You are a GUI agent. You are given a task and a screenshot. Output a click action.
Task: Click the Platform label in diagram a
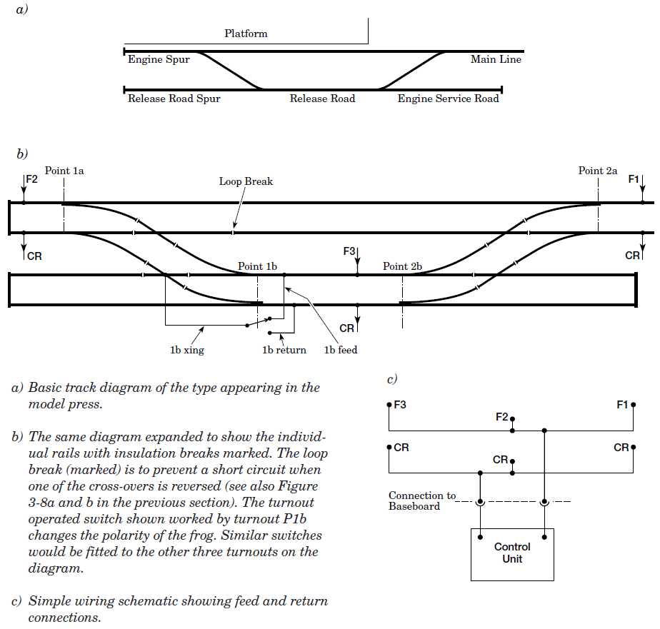pyautogui.click(x=246, y=34)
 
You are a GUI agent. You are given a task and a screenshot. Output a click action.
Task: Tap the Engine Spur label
pyautogui.click(x=159, y=60)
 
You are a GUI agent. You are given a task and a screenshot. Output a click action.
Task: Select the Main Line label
pyautogui.click(x=496, y=60)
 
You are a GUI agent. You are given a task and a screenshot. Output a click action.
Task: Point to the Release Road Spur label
pyautogui.click(x=174, y=99)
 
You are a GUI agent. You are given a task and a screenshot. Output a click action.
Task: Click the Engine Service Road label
pyautogui.click(x=448, y=99)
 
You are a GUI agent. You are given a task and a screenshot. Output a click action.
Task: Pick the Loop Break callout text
pyautogui.click(x=246, y=181)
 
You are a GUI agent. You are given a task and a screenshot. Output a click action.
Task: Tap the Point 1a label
pyautogui.click(x=64, y=171)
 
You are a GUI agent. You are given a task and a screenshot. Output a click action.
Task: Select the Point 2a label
pyautogui.click(x=598, y=171)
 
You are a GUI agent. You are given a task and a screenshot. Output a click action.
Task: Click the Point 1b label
pyautogui.click(x=257, y=266)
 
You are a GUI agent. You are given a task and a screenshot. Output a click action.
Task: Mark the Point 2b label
pyautogui.click(x=402, y=266)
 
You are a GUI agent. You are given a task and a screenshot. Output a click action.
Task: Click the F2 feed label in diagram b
pyautogui.click(x=32, y=179)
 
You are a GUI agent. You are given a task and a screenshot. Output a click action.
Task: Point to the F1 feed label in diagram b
pyautogui.click(x=634, y=179)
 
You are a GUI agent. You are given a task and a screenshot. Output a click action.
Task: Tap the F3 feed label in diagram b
pyautogui.click(x=349, y=251)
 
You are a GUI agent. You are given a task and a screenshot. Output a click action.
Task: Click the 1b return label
pyautogui.click(x=284, y=350)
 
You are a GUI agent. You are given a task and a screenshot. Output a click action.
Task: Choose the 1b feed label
pyautogui.click(x=341, y=350)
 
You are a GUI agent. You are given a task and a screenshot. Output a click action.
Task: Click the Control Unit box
pyautogui.click(x=512, y=554)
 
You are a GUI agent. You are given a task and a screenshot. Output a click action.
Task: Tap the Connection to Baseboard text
pyautogui.click(x=421, y=500)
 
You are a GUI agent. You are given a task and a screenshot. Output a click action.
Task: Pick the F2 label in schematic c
pyautogui.click(x=502, y=416)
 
